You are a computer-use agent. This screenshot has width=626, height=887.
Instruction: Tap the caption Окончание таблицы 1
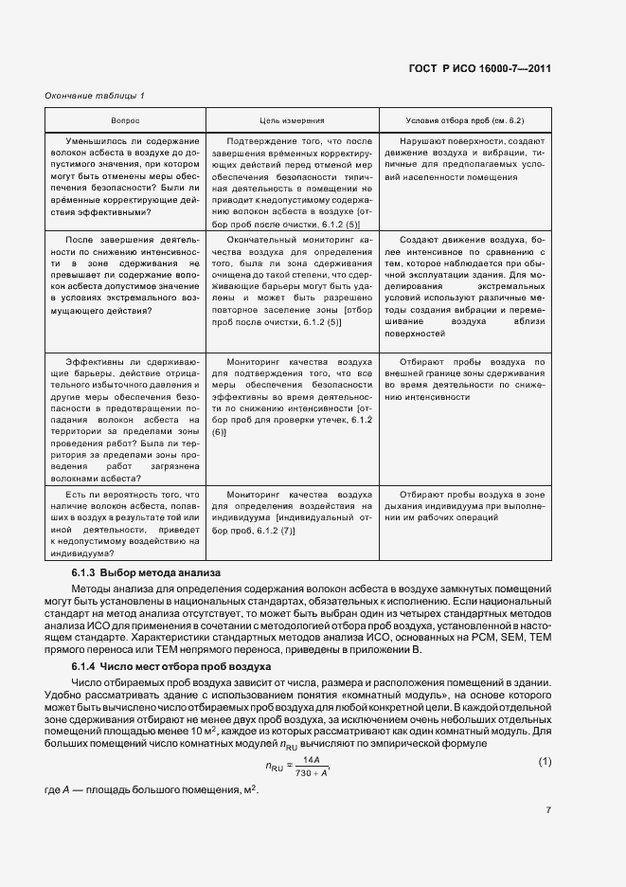(95, 96)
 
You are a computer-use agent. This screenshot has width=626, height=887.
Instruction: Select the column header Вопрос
(125, 121)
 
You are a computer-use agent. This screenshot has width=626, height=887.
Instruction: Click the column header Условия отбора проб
(465, 121)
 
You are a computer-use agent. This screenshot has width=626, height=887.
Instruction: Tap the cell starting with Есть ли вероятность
(125, 524)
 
